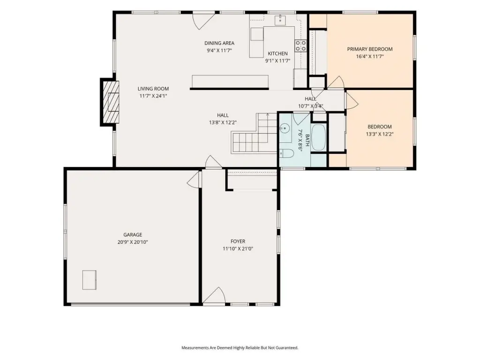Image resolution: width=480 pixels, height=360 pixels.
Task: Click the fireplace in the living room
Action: click(110, 102)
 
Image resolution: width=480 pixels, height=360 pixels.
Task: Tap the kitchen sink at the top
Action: click(280, 20)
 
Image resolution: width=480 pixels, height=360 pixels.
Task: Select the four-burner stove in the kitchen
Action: click(300, 45)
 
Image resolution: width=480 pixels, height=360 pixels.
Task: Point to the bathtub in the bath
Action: click(319, 138)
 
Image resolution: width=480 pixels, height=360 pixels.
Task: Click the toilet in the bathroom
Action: click(285, 153)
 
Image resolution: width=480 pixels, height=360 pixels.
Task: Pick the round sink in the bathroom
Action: click(285, 128)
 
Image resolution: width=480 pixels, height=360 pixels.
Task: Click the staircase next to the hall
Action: click(254, 133)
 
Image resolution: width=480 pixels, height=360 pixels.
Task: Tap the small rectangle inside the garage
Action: click(90, 280)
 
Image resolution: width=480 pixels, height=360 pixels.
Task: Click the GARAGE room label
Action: click(133, 235)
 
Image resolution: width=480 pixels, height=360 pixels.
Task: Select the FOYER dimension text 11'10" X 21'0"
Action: click(238, 249)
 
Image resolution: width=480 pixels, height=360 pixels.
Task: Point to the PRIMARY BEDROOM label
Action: click(370, 49)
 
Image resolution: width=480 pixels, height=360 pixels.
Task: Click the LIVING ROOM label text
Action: click(153, 89)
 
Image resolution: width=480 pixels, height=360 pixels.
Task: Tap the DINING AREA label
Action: click(219, 43)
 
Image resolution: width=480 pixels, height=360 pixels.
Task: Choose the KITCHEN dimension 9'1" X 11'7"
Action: click(277, 61)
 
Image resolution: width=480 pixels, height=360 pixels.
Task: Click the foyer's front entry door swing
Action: click(214, 296)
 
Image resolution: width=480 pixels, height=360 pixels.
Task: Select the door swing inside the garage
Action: click(194, 180)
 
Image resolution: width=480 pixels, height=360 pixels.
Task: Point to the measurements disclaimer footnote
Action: click(240, 348)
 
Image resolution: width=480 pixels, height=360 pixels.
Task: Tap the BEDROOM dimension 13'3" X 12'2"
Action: click(380, 134)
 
